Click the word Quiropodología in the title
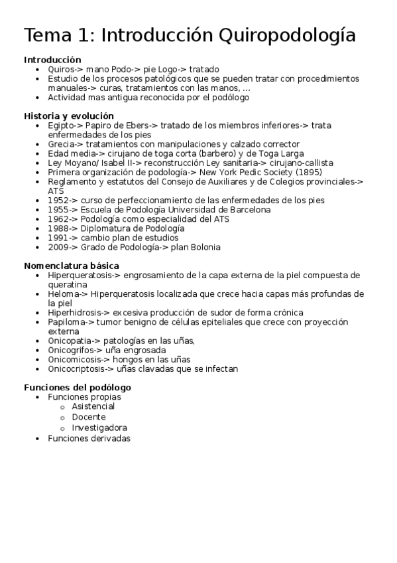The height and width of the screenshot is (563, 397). click(x=286, y=35)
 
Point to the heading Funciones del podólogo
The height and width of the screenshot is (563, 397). click(x=78, y=387)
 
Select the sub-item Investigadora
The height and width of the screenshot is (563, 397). click(x=99, y=428)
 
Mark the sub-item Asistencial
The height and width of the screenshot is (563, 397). click(x=93, y=406)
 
